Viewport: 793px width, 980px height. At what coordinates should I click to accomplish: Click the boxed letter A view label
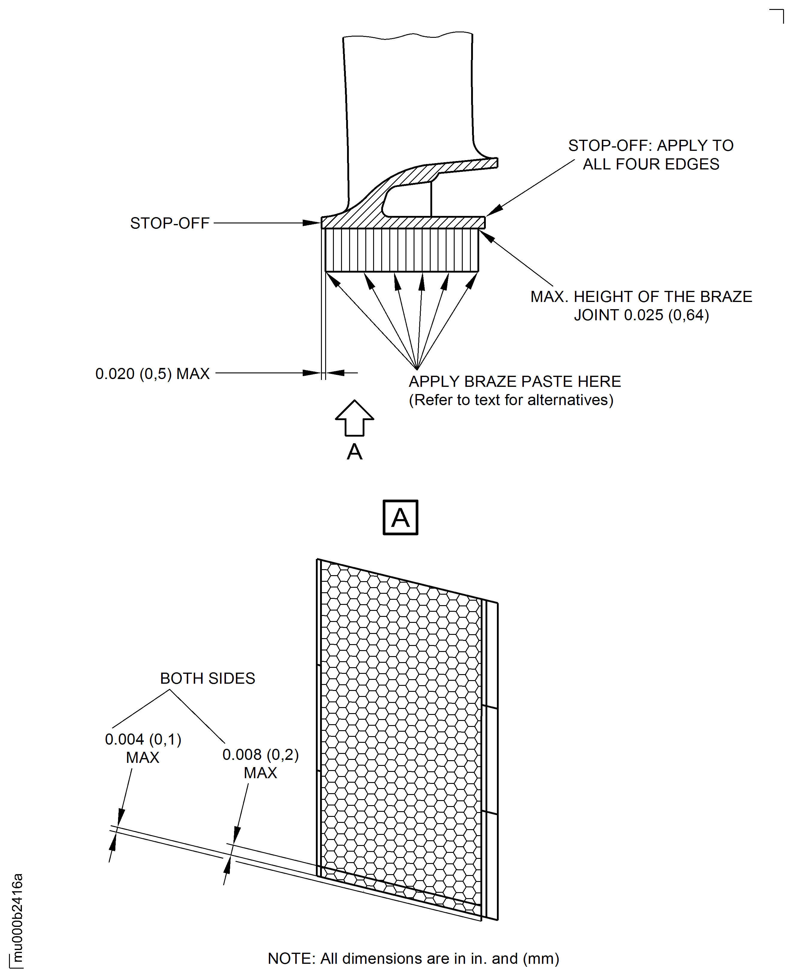point(400,517)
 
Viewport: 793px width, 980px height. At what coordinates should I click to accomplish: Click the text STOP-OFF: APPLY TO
point(650,145)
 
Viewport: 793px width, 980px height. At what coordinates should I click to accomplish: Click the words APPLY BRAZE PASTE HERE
point(514,381)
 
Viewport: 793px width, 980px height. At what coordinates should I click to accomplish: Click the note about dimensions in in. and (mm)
point(413,958)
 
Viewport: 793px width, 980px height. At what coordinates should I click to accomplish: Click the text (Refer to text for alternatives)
point(511,400)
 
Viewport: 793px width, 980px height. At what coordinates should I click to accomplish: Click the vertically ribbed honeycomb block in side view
point(402,250)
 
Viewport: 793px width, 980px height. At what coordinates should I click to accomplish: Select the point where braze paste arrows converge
point(417,369)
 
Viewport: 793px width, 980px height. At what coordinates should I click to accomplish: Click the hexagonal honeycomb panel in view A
point(401,731)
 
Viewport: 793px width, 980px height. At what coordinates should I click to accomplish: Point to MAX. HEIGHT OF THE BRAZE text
point(641,297)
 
